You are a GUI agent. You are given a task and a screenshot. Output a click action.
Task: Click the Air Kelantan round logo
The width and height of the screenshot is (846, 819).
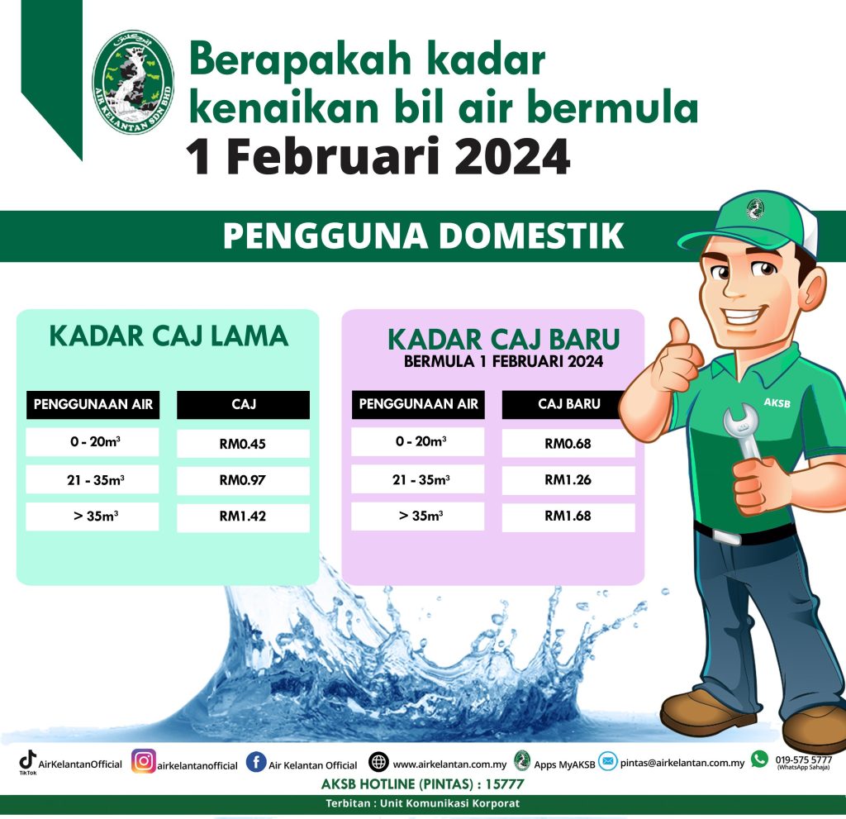133,82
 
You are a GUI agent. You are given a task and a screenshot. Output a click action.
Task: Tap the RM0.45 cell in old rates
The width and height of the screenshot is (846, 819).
244,444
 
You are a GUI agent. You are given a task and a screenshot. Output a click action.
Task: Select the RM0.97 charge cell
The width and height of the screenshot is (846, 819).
244,480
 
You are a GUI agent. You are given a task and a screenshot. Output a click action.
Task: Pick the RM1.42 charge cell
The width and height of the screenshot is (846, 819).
244,517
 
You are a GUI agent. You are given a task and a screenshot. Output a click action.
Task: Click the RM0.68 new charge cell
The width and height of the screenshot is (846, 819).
568,443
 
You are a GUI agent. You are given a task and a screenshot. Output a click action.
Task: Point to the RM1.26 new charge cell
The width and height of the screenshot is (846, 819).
568,479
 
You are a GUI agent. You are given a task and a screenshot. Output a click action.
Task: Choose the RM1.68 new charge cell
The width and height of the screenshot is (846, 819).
568,517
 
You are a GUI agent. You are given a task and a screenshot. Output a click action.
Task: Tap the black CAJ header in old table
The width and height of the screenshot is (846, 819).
244,405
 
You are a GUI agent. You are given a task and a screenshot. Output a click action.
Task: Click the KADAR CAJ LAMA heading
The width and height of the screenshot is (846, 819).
169,336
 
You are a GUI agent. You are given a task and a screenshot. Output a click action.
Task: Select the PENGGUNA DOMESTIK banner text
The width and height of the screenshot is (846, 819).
424,236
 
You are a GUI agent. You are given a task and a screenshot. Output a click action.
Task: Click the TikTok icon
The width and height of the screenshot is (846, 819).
27,760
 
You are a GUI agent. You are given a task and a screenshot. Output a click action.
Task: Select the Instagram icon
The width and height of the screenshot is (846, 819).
144,761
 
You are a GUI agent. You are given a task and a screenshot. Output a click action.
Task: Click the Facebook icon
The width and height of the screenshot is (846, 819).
256,762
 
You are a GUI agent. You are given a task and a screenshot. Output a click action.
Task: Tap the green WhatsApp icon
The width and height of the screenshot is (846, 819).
760,759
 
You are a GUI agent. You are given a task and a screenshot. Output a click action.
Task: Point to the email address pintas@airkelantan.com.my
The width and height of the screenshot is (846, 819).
682,763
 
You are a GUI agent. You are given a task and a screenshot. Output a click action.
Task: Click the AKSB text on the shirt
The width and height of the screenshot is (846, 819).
777,402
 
